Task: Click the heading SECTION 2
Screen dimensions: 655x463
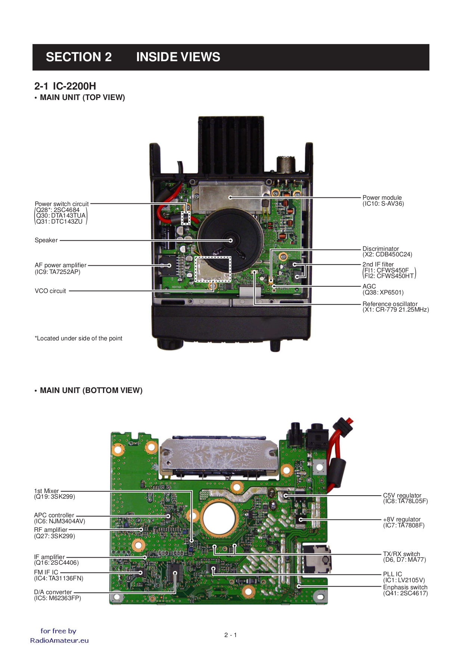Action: coord(79,57)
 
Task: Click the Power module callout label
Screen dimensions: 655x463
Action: coord(382,197)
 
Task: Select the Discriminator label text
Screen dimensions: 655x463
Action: coord(380,249)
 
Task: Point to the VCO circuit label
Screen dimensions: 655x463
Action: coord(50,291)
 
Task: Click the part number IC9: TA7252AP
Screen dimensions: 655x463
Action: coord(58,272)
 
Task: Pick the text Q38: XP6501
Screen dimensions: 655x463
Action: coord(383,292)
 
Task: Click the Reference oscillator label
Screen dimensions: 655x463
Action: coord(390,304)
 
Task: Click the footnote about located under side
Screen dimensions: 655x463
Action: coord(79,338)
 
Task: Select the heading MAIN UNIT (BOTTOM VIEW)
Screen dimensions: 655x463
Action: coord(91,390)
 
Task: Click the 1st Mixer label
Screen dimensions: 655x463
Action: coord(47,491)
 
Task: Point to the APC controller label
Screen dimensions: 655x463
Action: coord(54,515)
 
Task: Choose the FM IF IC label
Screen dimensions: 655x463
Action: coord(46,572)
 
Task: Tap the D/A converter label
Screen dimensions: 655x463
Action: coord(53,592)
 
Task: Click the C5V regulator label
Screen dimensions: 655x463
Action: coord(402,495)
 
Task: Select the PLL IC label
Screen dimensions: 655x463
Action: coord(392,574)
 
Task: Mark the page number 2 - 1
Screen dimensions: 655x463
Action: coord(230,635)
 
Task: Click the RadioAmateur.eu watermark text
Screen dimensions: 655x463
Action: coord(59,640)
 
